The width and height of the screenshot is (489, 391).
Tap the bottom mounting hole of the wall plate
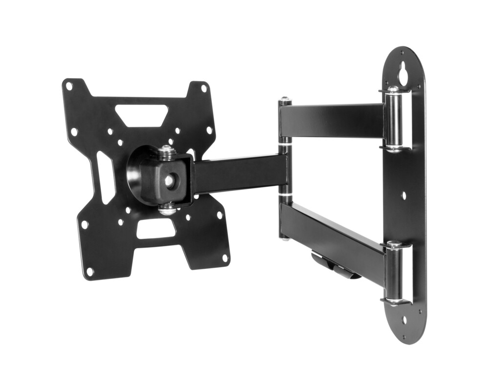(404, 321)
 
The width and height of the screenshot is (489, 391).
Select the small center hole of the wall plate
(403, 195)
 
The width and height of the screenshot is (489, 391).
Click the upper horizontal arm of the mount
(333, 120)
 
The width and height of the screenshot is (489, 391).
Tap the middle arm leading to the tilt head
(240, 174)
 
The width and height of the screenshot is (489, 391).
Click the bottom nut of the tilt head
(167, 209)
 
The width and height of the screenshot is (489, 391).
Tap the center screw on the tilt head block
(169, 180)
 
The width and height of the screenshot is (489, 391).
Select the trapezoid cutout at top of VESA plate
(142, 115)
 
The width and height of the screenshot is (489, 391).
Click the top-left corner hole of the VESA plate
(69, 86)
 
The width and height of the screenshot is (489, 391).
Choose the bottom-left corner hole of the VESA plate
(89, 270)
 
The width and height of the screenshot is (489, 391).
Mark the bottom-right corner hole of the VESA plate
(225, 257)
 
